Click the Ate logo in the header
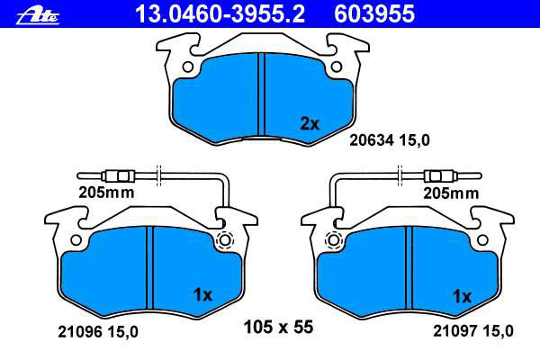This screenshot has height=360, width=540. [x=38, y=16]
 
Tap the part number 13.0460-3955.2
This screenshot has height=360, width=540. [x=220, y=13]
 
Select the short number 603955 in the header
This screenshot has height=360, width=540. [x=374, y=13]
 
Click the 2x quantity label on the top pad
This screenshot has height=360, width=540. [x=310, y=123]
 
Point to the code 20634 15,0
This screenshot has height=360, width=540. [x=390, y=140]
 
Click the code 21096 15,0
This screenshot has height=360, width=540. [x=98, y=332]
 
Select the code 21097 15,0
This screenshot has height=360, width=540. [x=473, y=331]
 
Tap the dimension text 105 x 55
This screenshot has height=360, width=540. [x=278, y=327]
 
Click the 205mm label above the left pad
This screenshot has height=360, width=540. [x=106, y=193]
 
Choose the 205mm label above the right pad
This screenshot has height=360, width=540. [x=451, y=193]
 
